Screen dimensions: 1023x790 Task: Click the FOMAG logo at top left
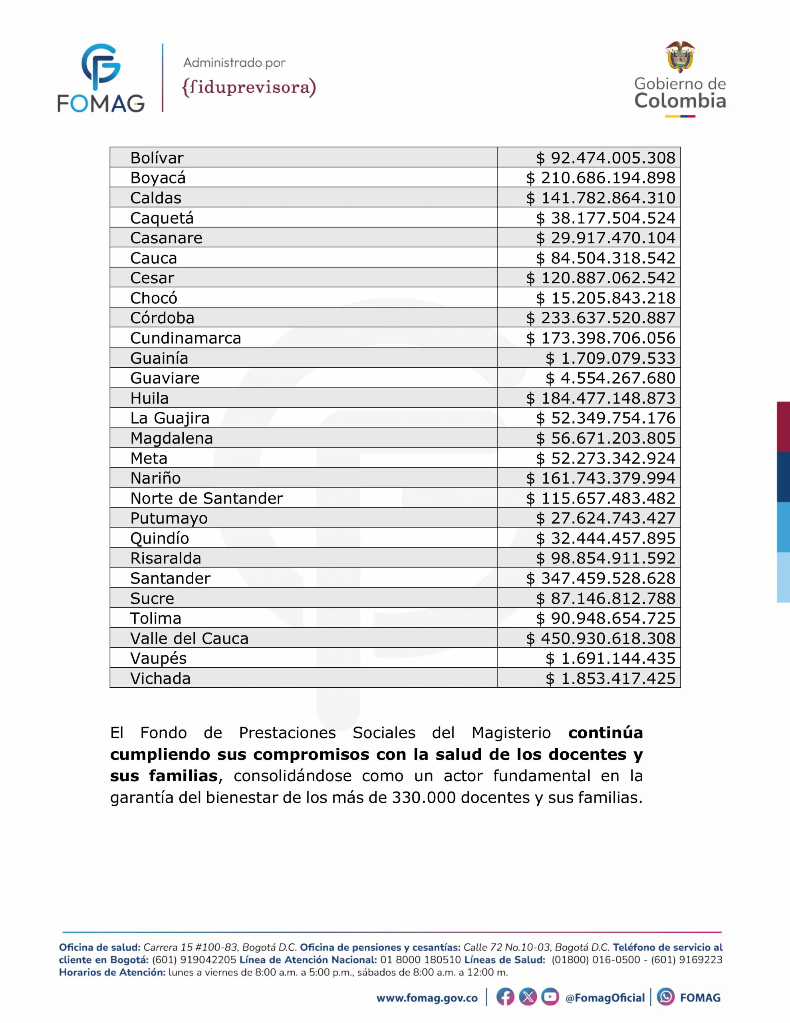tap(101, 78)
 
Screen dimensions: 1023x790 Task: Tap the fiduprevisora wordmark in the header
tap(249, 87)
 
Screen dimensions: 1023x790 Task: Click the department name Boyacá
tap(158, 178)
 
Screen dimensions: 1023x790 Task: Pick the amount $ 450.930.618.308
tap(601, 639)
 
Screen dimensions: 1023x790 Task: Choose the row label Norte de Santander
tap(206, 498)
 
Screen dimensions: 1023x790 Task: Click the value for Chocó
tap(605, 298)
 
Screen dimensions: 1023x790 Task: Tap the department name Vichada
tap(160, 679)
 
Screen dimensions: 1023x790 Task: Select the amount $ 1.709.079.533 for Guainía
tap(610, 358)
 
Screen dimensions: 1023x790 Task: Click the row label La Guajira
tap(169, 418)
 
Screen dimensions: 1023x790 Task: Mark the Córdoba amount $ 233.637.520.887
tap(601, 318)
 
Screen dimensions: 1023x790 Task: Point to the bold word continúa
tap(605, 732)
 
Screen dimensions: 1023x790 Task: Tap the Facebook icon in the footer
tap(505, 997)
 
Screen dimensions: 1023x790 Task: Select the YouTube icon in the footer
tap(550, 997)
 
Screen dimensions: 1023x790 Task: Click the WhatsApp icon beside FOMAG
tap(665, 997)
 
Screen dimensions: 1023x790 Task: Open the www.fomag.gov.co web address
tap(427, 998)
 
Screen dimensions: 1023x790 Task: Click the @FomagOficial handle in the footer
tap(605, 998)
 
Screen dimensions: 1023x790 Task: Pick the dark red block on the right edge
tap(783, 426)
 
